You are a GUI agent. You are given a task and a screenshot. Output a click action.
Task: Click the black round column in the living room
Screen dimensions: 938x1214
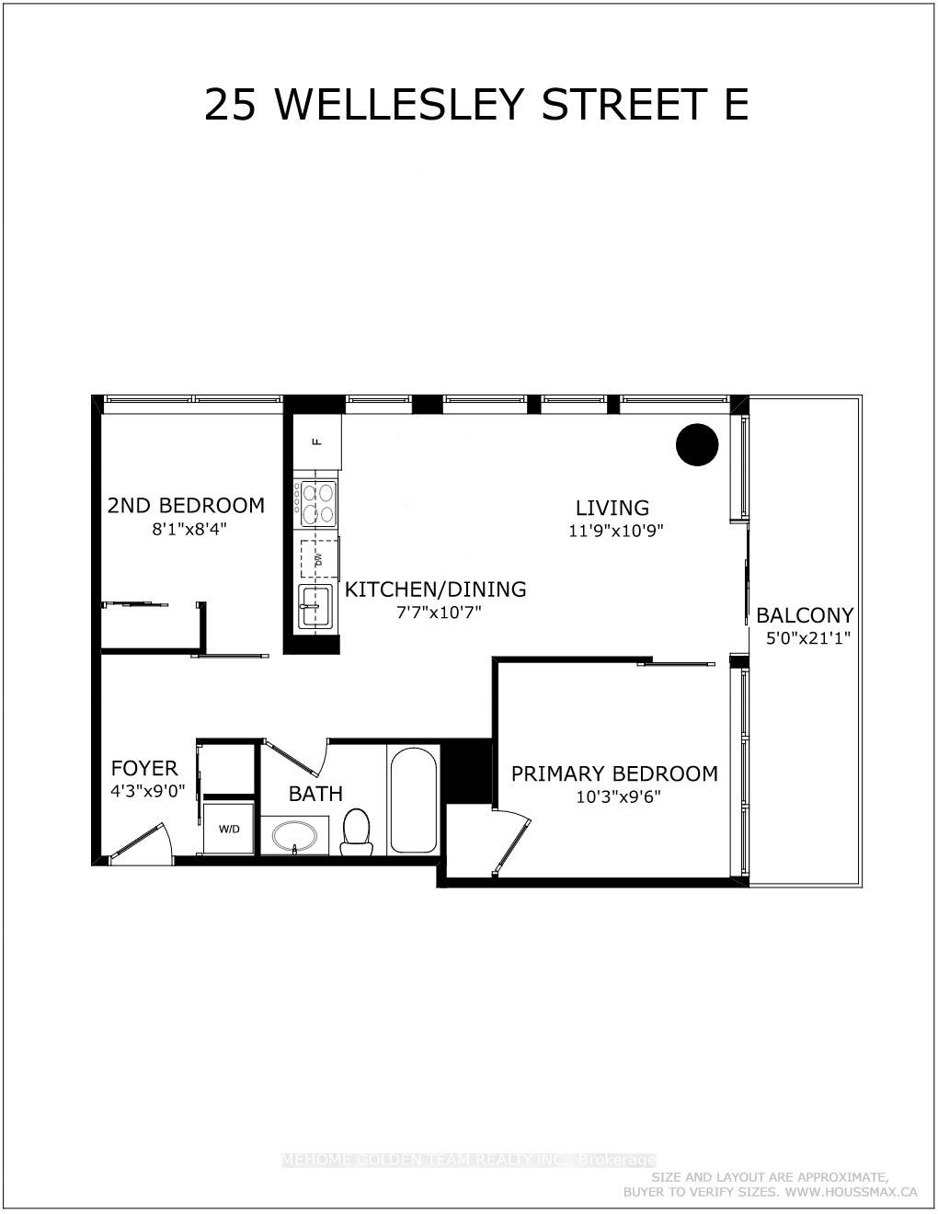point(697,445)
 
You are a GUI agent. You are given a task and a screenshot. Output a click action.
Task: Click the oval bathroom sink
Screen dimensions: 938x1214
point(294,836)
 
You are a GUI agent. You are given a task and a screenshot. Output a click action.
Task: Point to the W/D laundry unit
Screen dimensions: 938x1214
point(228,828)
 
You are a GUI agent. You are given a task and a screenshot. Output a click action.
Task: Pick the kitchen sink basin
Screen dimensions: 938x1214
point(315,605)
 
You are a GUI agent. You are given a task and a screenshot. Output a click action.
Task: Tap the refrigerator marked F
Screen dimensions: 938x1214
point(317,441)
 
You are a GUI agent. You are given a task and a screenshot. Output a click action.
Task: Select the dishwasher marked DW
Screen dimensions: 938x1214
point(319,558)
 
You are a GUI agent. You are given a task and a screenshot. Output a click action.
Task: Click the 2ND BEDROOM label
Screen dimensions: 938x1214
point(186,506)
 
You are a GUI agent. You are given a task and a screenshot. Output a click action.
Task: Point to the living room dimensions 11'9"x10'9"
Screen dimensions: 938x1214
point(615,531)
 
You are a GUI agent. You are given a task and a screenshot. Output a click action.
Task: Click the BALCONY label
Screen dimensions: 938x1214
point(805,615)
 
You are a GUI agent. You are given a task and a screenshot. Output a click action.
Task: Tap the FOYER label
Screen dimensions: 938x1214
point(144,768)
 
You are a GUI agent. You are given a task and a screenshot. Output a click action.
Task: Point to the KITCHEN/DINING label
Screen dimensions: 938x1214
point(436,590)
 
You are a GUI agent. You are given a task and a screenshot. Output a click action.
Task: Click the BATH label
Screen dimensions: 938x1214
point(315,794)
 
